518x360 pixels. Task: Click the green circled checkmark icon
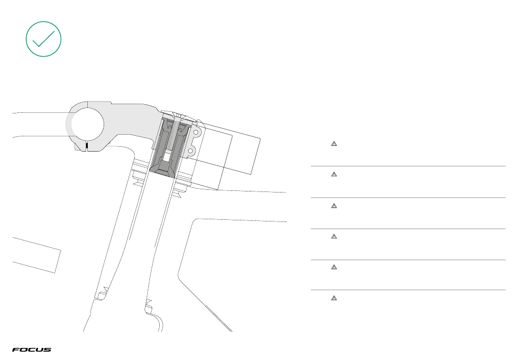pos(44,39)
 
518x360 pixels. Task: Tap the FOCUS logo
pos(32,350)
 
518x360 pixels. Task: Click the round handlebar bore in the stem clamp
pos(86,123)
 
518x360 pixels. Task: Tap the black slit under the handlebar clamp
pos(86,146)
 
